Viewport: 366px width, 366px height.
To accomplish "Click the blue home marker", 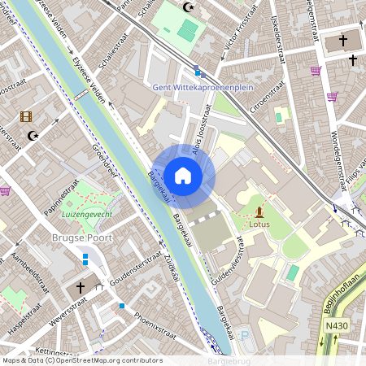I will [183, 176].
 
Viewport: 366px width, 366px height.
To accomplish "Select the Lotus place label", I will [259, 224].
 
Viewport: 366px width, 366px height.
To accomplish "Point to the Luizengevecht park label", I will [87, 213].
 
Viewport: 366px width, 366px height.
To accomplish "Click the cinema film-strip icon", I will [27, 117].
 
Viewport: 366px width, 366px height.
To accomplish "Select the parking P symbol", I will [246, 336].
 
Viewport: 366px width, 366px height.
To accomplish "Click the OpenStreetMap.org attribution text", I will [111, 359].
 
